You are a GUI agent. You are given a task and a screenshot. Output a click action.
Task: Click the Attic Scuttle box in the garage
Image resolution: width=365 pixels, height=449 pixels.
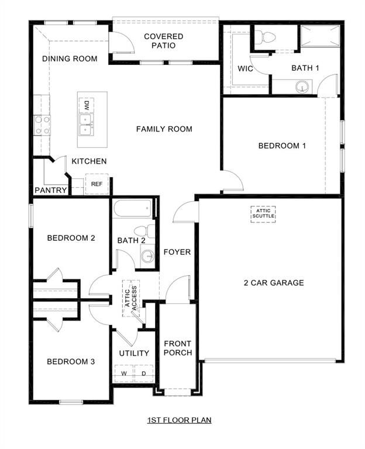(263, 214)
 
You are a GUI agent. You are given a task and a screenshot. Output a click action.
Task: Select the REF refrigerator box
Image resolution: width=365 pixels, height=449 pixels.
(97, 184)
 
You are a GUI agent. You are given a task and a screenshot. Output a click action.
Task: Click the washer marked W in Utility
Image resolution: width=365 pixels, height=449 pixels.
(124, 373)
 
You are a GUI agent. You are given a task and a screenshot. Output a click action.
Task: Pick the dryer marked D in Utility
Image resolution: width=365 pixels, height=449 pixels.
(144, 373)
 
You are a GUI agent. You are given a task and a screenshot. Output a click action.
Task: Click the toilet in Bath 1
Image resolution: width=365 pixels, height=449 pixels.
(268, 38)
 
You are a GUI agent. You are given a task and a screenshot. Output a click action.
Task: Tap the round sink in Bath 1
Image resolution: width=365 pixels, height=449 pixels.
(302, 88)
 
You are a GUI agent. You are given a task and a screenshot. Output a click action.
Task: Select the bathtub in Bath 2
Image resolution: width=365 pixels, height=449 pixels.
(135, 208)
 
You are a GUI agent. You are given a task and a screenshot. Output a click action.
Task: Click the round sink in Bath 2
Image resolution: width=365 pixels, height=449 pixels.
(147, 255)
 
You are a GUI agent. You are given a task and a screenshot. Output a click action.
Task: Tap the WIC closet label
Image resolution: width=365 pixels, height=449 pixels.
(245, 68)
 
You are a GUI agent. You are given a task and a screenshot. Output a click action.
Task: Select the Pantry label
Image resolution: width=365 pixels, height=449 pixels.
(50, 190)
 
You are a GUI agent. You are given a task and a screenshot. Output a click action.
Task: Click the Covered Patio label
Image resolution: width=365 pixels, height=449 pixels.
(164, 40)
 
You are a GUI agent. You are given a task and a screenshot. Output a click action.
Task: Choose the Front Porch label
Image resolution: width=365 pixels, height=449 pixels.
(177, 348)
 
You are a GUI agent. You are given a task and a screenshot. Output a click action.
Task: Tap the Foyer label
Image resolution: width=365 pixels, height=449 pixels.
(177, 252)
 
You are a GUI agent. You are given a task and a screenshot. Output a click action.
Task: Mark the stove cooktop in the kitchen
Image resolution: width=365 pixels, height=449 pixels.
(42, 125)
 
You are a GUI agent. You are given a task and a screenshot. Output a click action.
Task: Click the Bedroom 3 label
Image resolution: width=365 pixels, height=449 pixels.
(71, 362)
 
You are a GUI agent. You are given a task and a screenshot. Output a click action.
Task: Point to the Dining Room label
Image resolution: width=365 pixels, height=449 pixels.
(70, 59)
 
